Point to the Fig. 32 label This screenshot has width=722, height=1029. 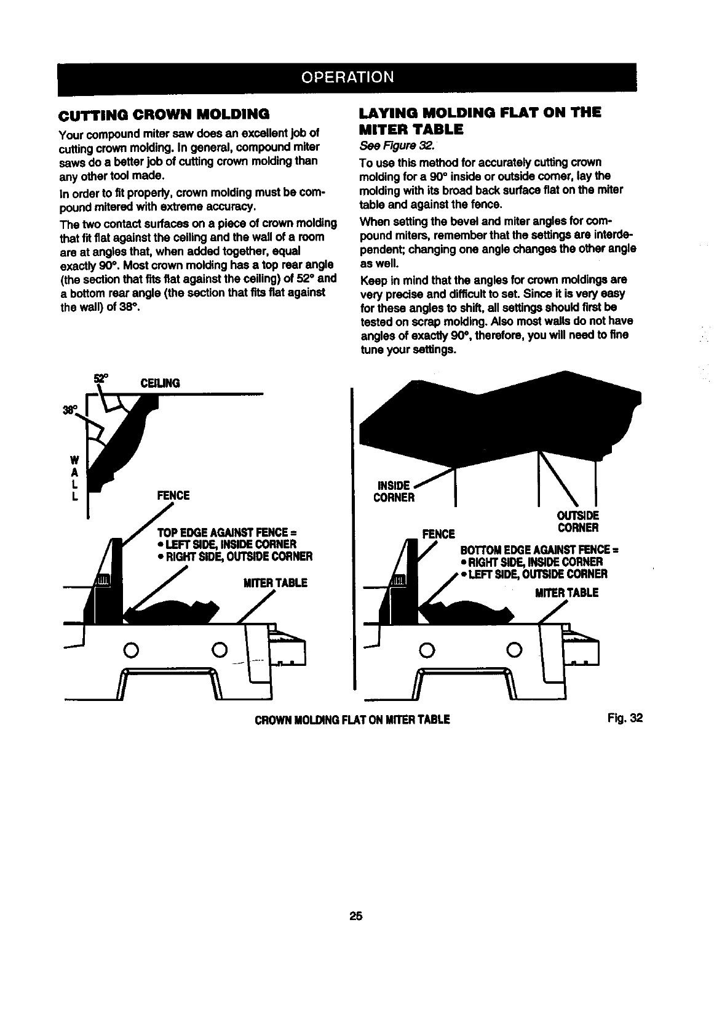point(628,718)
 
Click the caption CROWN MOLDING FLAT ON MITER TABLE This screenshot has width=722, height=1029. point(352,719)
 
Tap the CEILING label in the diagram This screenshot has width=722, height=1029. point(161,383)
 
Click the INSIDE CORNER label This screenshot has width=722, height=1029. point(394,491)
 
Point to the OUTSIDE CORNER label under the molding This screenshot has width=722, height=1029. point(577,521)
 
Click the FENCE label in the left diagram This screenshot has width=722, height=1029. point(173,495)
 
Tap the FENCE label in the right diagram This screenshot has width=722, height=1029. point(438,533)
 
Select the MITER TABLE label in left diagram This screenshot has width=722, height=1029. point(275,582)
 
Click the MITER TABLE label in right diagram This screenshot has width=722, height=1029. point(566,593)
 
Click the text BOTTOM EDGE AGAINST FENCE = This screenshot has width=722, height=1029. point(539,550)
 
